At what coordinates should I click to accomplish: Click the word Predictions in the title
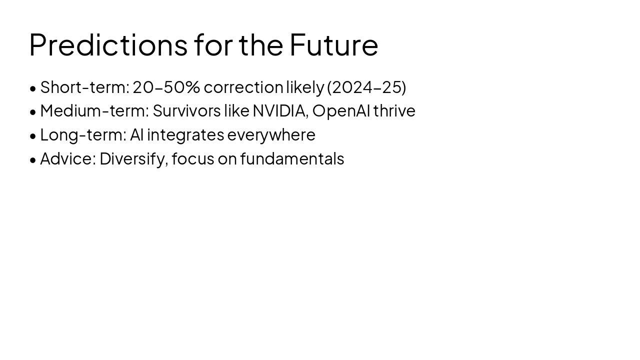click(x=108, y=44)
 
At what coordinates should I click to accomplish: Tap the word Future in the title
click(x=333, y=44)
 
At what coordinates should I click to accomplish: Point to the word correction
click(x=243, y=87)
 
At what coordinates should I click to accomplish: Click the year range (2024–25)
click(x=366, y=87)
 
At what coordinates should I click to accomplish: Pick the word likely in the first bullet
click(x=305, y=87)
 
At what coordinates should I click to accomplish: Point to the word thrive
click(x=394, y=111)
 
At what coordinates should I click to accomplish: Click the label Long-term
click(x=83, y=135)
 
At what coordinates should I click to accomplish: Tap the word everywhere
click(x=271, y=135)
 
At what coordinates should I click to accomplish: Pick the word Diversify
click(x=133, y=159)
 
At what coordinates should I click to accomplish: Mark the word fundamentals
click(x=292, y=159)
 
